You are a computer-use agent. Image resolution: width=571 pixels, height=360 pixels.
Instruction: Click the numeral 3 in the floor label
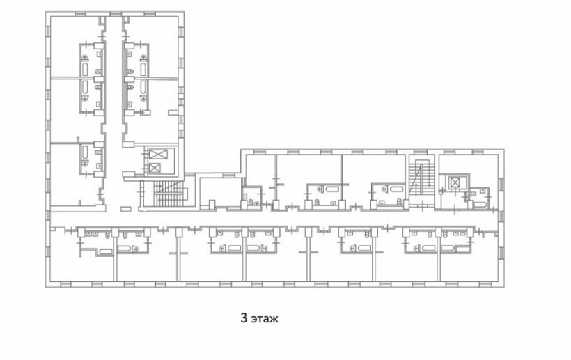(x=244, y=318)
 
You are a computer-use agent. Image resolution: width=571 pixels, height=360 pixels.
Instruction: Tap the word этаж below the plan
(x=265, y=318)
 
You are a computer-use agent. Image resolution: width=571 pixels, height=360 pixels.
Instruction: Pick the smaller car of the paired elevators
(x=155, y=168)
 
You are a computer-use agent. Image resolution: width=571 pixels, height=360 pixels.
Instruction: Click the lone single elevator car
(x=455, y=182)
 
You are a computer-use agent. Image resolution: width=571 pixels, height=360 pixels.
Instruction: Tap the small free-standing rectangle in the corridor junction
(x=125, y=209)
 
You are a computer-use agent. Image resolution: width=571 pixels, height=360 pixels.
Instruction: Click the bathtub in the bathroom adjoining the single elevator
(x=480, y=205)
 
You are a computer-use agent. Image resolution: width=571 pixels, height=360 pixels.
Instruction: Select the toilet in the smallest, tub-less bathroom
(x=251, y=203)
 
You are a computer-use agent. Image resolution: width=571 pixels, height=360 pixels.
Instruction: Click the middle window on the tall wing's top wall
(x=116, y=13)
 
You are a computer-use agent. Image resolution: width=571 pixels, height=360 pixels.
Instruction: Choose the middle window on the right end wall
(x=501, y=217)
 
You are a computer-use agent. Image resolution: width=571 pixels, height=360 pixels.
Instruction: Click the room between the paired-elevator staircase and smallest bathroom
(x=221, y=191)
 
